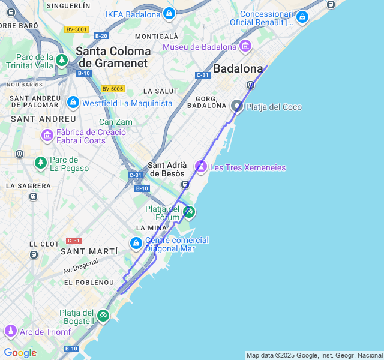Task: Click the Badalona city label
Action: (x=238, y=68)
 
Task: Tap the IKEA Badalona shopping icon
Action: (x=169, y=14)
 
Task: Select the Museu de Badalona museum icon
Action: (x=245, y=46)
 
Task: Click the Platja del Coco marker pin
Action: (x=237, y=107)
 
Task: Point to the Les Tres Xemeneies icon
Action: (x=202, y=167)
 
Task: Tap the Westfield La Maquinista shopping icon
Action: (x=73, y=103)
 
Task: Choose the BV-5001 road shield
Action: (x=76, y=29)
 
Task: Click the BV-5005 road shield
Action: (x=112, y=89)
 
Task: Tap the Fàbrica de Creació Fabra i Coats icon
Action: (x=47, y=136)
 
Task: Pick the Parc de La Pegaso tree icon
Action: (x=40, y=163)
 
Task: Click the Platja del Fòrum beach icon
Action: (x=189, y=211)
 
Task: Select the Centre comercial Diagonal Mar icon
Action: (x=136, y=243)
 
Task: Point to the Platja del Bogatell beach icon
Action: (x=103, y=315)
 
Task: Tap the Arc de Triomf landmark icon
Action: (x=10, y=331)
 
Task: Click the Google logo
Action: (x=20, y=353)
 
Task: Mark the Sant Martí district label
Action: (x=85, y=252)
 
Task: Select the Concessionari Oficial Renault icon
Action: (x=302, y=17)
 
